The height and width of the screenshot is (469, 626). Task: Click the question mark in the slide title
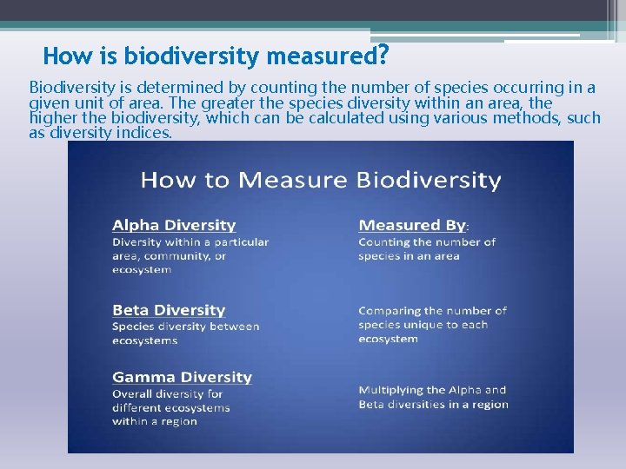(381, 56)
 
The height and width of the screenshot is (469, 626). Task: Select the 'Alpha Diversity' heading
(174, 225)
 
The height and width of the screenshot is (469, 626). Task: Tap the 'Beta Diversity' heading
(169, 310)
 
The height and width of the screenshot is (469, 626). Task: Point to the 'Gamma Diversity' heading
(182, 377)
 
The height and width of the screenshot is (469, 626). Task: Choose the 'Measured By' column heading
(413, 225)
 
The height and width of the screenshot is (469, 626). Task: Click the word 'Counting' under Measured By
(383, 242)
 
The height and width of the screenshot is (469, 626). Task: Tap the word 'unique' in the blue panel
(424, 325)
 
